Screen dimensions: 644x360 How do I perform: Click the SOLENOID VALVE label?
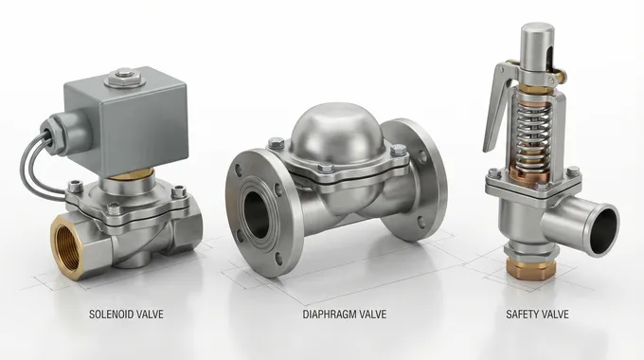pos(126,315)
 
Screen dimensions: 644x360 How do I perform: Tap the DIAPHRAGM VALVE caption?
pos(344,315)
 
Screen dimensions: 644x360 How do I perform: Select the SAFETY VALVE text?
pos(537,315)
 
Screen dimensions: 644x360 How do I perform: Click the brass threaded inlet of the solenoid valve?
pos(67,247)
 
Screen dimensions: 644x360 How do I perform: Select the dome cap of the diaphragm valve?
pos(337,131)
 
